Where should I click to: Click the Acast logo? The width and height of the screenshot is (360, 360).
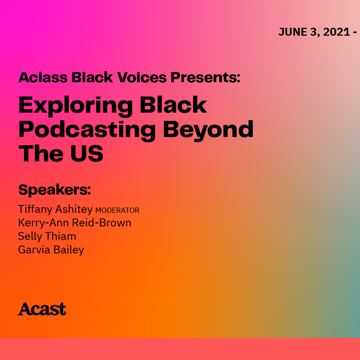tap(42, 309)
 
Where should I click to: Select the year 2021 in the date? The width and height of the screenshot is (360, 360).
tap(336, 33)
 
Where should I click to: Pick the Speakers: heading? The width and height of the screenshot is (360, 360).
tap(54, 190)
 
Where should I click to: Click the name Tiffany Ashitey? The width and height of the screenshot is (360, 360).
tap(55, 210)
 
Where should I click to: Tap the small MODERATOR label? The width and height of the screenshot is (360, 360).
tap(118, 211)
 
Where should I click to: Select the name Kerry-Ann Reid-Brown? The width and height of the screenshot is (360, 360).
tap(74, 223)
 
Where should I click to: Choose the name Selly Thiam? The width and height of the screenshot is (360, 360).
tap(47, 236)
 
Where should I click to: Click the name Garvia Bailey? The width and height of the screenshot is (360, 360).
tap(51, 250)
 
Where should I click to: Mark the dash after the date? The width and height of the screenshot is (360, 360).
tap(355, 33)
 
